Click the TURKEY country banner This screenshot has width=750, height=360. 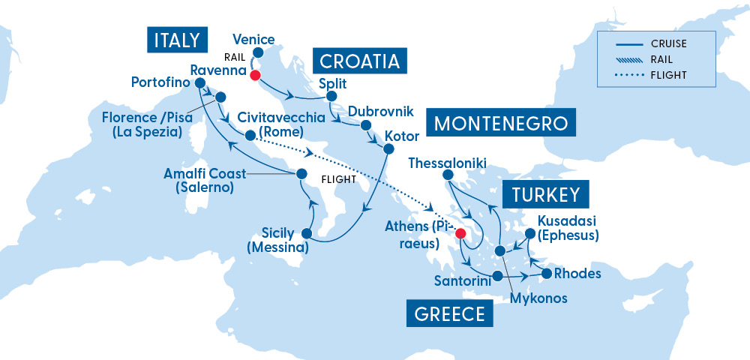[x=545, y=195]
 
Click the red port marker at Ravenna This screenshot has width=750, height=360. [x=254, y=75]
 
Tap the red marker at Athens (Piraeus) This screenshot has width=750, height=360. [x=461, y=233]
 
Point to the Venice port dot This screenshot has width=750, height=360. [x=258, y=52]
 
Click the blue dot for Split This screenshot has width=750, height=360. [x=330, y=96]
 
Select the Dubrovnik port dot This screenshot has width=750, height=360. [x=365, y=124]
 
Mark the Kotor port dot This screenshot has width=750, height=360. [x=388, y=148]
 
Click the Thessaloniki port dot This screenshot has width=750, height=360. [x=448, y=175]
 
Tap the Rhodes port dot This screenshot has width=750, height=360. [x=547, y=273]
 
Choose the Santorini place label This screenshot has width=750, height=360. [x=463, y=280]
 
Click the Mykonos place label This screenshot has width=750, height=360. [x=538, y=298]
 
